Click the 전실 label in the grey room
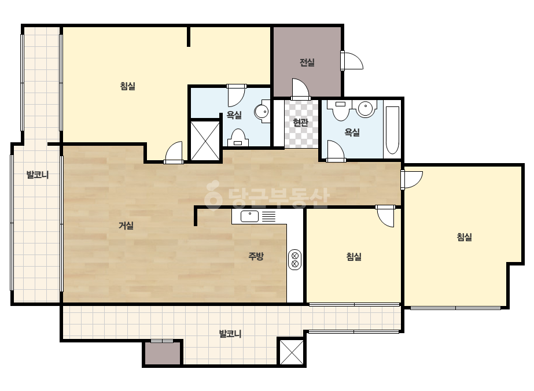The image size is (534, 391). [307, 62]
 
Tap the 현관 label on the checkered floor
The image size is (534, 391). [301, 122]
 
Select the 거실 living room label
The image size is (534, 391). [126, 225]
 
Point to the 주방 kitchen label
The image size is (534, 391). [256, 256]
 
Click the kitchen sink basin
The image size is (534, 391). [249, 216]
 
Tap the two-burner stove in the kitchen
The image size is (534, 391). [294, 259]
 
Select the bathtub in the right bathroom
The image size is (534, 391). [392, 131]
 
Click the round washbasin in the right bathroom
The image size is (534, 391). [366, 109]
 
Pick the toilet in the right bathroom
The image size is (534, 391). [341, 110]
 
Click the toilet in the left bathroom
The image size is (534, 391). [238, 138]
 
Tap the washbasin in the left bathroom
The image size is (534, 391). [262, 111]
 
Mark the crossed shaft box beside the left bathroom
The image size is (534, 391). [205, 141]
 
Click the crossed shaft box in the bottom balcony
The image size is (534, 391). [292, 352]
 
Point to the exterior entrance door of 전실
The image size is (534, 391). [352, 61]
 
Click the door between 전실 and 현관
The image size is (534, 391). [301, 89]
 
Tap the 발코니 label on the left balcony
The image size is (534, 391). [38, 175]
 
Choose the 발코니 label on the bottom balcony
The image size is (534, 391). [230, 333]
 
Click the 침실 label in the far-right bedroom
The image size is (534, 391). [464, 237]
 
